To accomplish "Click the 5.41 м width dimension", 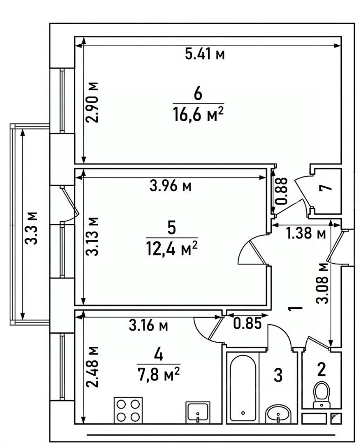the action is pos(204,54).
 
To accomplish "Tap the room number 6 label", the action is pos(198,94).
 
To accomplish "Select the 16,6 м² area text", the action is pos(198,115).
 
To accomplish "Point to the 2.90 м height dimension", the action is pos(93,102).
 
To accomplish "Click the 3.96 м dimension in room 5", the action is pos(170,186).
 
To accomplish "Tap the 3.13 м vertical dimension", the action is pos(92,236).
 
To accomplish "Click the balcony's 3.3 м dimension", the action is pos(31,228).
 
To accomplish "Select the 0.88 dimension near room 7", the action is pos(282,191).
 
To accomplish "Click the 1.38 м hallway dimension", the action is pos(306,234).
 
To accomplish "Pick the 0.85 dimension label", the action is pos(247,324).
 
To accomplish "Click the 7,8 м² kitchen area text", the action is pos(159,375).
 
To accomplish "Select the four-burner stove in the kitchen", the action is pos(128,410).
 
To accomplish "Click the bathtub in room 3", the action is pos(243,388).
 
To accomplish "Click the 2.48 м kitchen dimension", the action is pos(93,367).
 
